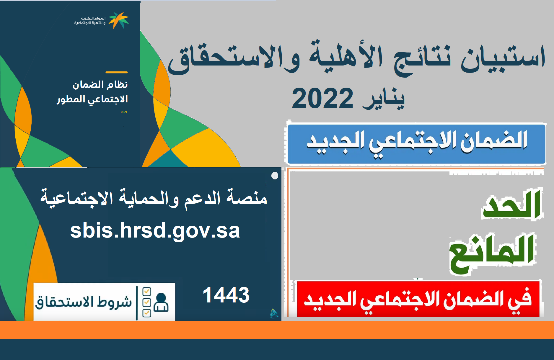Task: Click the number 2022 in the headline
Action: click(x=322, y=99)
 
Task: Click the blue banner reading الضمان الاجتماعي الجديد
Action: click(x=416, y=144)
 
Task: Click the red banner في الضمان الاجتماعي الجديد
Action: click(x=418, y=299)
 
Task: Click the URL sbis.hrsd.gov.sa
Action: click(x=155, y=231)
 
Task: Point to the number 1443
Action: click(x=226, y=295)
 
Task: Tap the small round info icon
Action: click(x=275, y=176)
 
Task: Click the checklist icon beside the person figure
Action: click(x=146, y=302)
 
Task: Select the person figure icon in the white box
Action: click(x=161, y=302)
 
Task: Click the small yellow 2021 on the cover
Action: click(x=124, y=112)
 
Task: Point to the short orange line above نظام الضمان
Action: click(x=117, y=72)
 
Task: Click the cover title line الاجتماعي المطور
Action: click(x=92, y=99)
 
